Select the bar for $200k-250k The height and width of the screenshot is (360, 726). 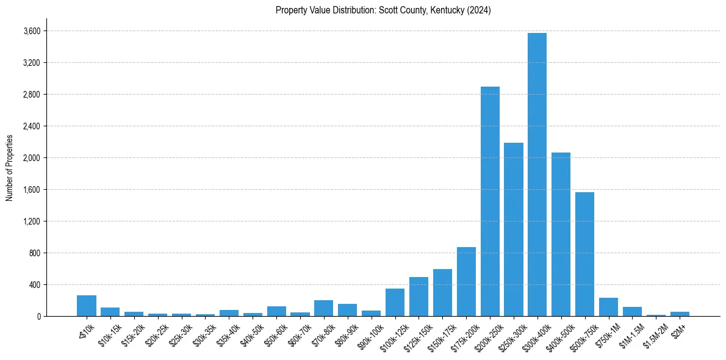click(490, 201)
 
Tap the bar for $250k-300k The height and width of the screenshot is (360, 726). click(514, 229)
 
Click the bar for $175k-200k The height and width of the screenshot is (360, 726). click(466, 282)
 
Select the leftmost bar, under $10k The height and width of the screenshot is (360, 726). click(87, 306)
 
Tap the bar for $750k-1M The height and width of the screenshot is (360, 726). click(608, 307)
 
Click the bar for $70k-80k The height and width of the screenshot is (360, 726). click(323, 308)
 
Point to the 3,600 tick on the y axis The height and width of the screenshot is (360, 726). click(31, 31)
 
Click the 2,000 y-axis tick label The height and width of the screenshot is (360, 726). click(31, 158)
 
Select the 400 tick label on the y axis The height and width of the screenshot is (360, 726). click(34, 285)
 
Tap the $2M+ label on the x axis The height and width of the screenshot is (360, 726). click(678, 329)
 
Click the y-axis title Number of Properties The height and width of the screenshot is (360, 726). click(9, 168)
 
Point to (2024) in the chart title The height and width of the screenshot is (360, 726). click(479, 10)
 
